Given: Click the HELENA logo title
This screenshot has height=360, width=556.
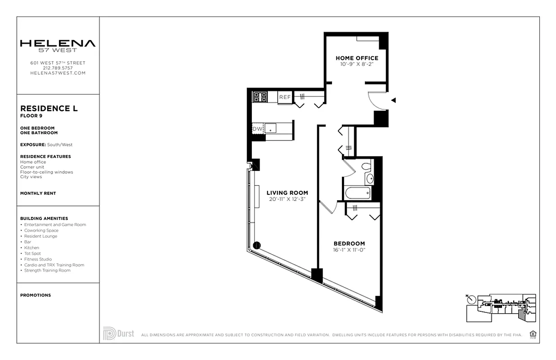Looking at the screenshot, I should point(58,44).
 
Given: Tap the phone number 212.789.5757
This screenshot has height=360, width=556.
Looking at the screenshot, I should point(58,68).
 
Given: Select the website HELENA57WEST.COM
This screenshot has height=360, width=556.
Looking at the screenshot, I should point(58,73).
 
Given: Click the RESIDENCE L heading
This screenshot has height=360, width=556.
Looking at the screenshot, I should point(49,108).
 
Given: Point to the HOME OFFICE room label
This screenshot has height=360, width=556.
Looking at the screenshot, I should point(357,58).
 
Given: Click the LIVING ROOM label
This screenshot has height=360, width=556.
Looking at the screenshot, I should point(287,193).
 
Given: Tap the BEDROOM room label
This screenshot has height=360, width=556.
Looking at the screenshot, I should point(349,243).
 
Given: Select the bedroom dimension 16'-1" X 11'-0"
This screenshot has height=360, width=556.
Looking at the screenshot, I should point(349,249).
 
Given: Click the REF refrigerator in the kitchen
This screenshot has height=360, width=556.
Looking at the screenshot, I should point(285,97).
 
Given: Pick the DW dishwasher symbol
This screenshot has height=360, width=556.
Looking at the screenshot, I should point(257,129).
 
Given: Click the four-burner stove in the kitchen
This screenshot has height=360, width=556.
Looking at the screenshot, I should point(260,97).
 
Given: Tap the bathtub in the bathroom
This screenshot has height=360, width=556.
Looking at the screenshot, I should point(357,193).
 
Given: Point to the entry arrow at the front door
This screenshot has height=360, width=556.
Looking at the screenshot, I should point(393,100).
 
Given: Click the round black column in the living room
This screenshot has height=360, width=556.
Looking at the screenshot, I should point(257,245).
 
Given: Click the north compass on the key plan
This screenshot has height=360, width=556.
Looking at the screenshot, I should point(471,299).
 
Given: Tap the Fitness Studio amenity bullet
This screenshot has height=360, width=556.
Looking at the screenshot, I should point(38,259).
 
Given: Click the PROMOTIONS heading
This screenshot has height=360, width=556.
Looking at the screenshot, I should point(36,295).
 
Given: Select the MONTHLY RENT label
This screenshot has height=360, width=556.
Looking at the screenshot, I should point(38,193).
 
